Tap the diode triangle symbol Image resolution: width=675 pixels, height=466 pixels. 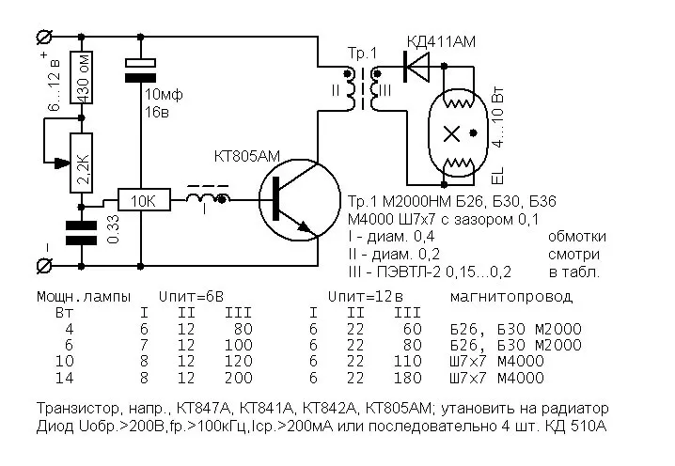(416, 66)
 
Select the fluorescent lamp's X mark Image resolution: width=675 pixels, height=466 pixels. (455, 131)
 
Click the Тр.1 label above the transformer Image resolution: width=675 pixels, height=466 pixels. (359, 48)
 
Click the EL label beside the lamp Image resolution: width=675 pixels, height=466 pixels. (497, 173)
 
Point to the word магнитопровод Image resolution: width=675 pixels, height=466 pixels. (510, 296)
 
